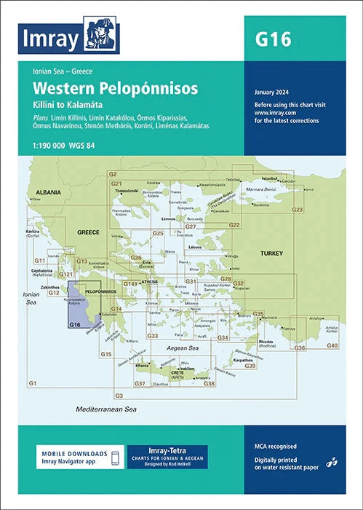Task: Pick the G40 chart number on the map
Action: [332, 345]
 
